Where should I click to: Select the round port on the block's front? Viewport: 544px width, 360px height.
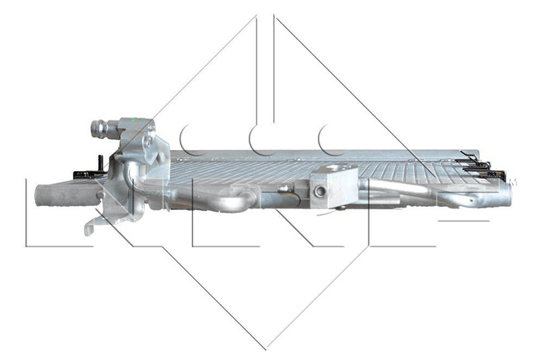pos(321,191)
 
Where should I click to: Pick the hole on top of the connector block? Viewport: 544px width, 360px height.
pos(334,168)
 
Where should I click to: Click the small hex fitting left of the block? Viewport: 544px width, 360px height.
pos(287,188)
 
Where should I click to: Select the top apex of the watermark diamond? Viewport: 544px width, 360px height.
pos(266,16)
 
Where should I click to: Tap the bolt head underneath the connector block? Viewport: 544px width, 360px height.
pos(339,208)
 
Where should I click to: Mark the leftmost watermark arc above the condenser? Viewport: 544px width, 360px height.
pos(191,140)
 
